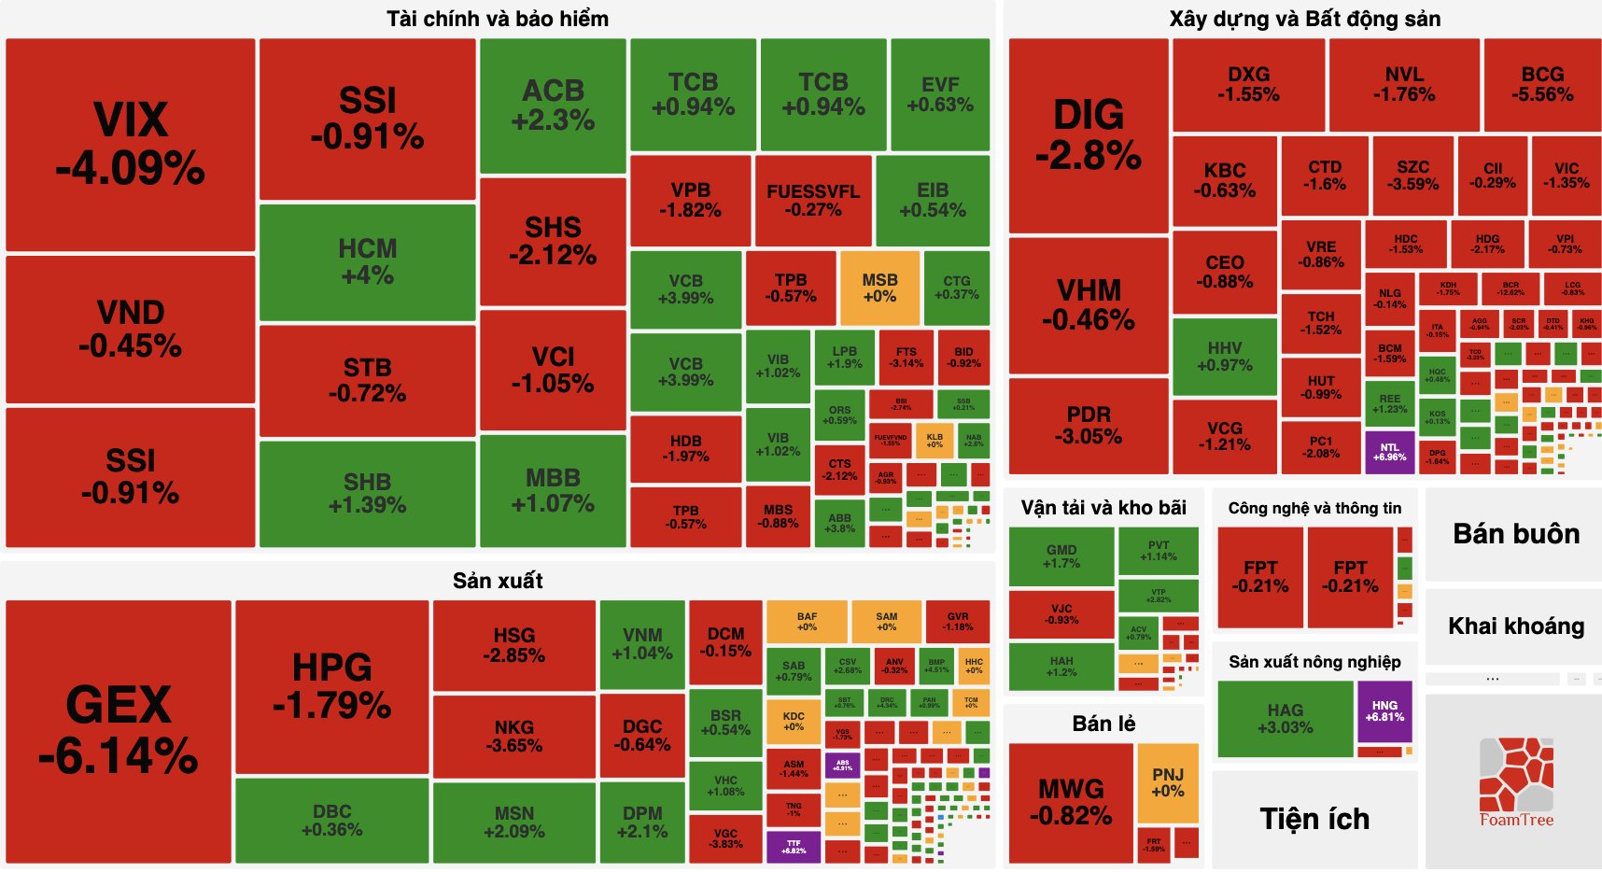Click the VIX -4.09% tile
(131, 145)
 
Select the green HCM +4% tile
(367, 262)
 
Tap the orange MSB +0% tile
(879, 288)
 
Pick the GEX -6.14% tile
(119, 731)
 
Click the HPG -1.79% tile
(331, 687)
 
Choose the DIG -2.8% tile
(1089, 135)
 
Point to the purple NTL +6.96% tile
(1389, 452)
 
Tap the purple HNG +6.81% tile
(1384, 711)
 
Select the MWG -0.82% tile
(1071, 803)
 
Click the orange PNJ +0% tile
(1167, 782)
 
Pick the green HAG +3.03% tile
(1285, 719)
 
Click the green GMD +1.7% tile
(1061, 556)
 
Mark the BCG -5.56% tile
(1542, 85)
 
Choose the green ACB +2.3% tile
(553, 105)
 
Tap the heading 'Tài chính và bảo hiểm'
(498, 19)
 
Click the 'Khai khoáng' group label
(1515, 626)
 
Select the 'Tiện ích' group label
(1314, 819)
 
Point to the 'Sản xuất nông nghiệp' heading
(1314, 662)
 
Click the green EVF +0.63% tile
(940, 94)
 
